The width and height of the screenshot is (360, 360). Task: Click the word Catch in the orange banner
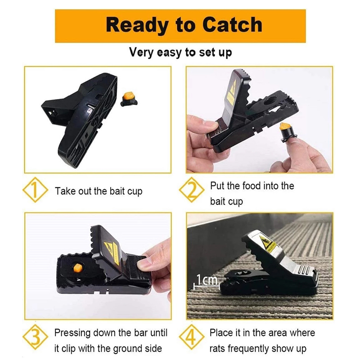(x=232, y=25)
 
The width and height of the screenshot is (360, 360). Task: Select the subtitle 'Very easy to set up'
(x=180, y=53)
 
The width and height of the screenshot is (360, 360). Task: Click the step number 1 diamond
(x=35, y=190)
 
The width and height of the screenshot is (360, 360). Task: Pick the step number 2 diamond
(x=192, y=190)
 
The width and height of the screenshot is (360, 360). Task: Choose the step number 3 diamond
(x=36, y=337)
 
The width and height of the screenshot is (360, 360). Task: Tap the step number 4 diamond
(x=192, y=337)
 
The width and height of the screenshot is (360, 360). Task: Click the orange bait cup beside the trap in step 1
(x=129, y=99)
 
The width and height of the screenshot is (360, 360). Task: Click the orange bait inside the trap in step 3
(x=77, y=268)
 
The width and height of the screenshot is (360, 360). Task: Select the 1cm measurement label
(x=207, y=280)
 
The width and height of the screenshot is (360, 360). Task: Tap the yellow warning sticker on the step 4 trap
(x=269, y=244)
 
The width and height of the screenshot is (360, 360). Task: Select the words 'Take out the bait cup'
(x=99, y=191)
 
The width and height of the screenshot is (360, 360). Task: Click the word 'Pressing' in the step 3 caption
(x=72, y=333)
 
